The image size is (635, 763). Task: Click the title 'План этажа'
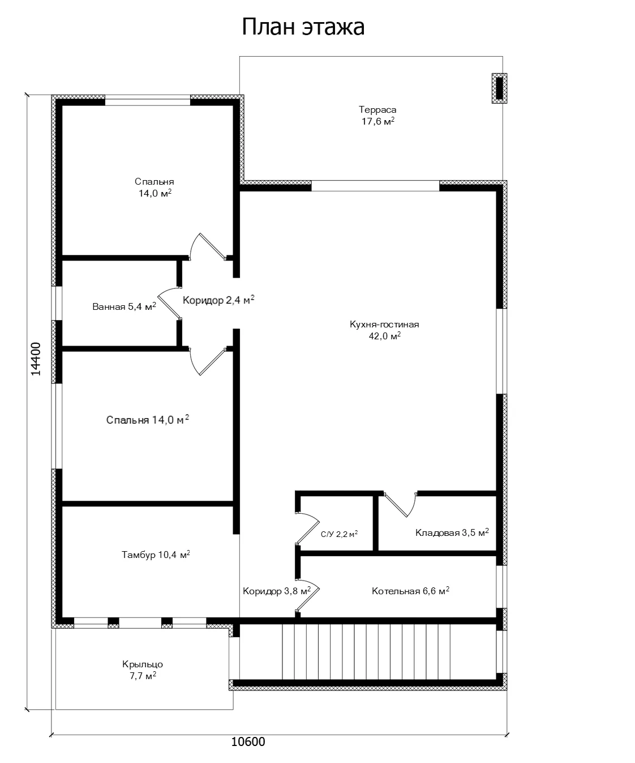coord(303,27)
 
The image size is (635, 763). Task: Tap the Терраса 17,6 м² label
coord(377,115)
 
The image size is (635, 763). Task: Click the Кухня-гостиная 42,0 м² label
coord(384,330)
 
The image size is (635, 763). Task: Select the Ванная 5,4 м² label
coord(124,306)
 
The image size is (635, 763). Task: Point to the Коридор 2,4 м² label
coord(218,300)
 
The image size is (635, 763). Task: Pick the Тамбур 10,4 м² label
coord(156,555)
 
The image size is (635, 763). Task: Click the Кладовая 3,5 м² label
coord(452,532)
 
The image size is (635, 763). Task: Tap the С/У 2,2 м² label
coord(339,534)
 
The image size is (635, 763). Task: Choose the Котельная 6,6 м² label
coord(410,591)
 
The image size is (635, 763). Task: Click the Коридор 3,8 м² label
coord(277,591)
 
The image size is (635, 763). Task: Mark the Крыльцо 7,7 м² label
coord(143,670)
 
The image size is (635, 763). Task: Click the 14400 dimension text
coord(36,359)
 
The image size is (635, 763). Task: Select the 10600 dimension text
coord(248,741)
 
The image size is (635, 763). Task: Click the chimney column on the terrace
coord(499,88)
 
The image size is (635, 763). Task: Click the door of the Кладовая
coord(400,505)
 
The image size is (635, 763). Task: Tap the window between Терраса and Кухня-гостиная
coord(375,186)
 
